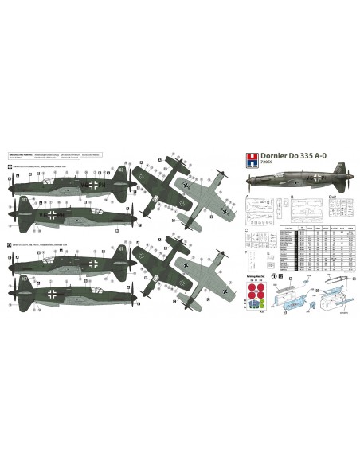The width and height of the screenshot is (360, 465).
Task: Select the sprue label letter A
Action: pyautogui.click(x=247, y=195)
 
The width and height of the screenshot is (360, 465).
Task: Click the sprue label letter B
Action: pyautogui.click(x=292, y=195)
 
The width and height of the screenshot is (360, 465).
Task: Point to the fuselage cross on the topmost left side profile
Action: pyautogui.click(x=95, y=184)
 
